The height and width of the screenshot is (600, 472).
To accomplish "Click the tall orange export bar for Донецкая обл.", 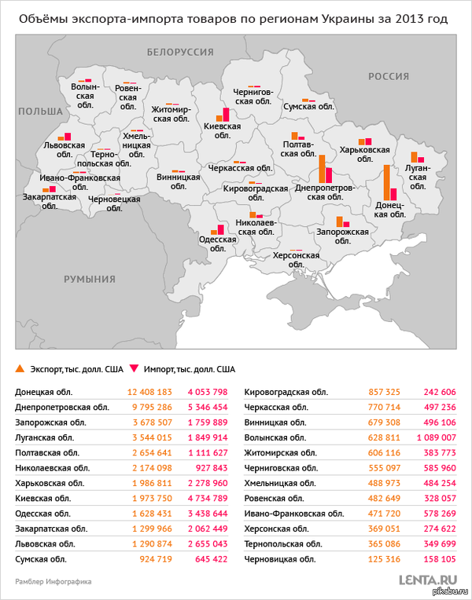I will tap(386, 183).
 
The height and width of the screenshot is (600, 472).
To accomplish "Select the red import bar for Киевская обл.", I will tap(226, 115).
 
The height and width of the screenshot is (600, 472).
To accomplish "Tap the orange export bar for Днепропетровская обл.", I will tap(322, 169).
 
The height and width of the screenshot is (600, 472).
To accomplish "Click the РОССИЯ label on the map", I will tap(389, 75).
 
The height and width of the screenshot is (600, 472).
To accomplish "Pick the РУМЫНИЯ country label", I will tap(90, 279).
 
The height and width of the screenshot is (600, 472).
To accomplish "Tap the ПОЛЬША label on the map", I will tap(40, 112).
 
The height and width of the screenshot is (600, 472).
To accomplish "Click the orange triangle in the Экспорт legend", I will tap(19, 368).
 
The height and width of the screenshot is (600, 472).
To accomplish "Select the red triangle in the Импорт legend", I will tap(133, 368).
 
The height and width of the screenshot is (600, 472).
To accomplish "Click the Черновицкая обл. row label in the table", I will tap(280, 558).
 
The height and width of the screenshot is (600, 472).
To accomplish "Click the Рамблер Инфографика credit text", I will tap(53, 582).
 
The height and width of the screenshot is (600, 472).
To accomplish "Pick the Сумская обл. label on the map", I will tap(308, 105).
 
